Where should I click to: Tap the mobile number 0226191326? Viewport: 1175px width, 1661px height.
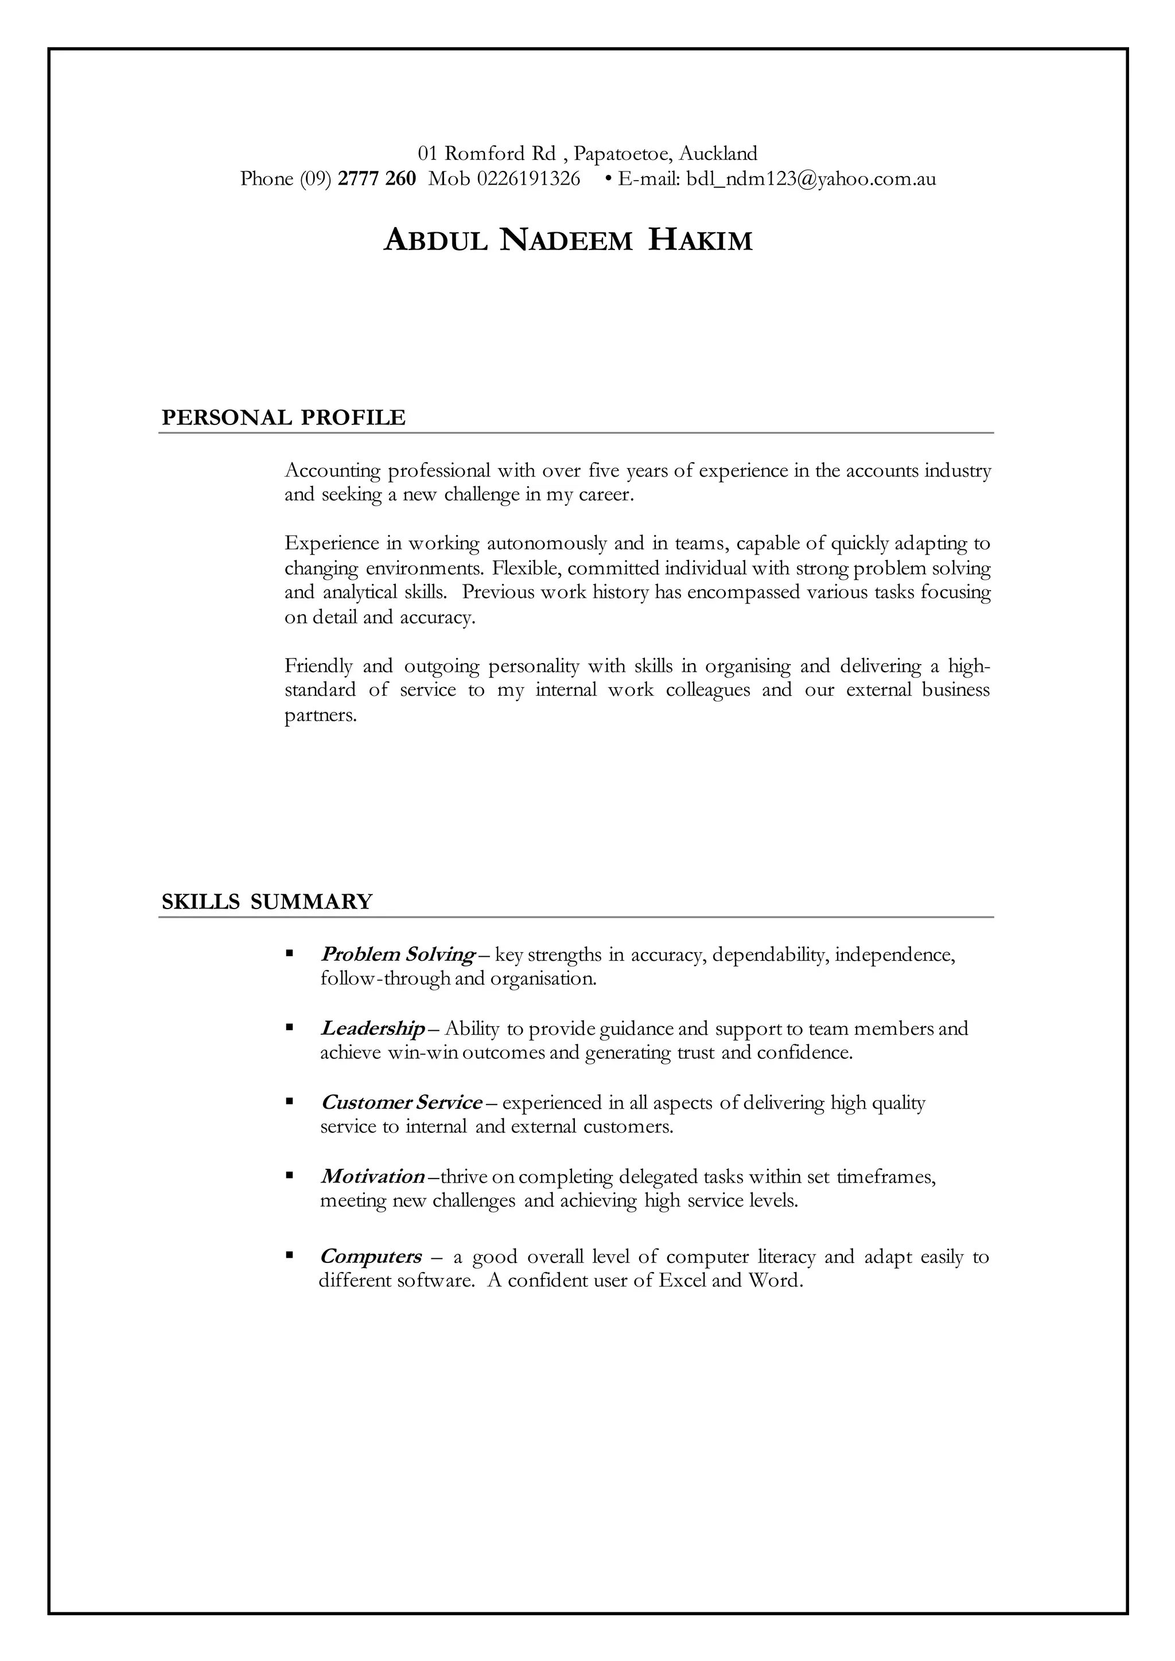(528, 179)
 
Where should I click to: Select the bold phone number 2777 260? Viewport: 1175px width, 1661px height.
(377, 179)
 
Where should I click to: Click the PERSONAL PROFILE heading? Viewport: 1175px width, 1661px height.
(283, 418)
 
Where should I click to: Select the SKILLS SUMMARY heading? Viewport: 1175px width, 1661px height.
(267, 902)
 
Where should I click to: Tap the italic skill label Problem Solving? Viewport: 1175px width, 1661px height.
(397, 955)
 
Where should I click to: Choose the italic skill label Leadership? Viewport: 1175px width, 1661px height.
(372, 1028)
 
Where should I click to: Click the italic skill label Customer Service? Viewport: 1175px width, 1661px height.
(402, 1102)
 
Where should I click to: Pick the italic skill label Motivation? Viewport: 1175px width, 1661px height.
(372, 1176)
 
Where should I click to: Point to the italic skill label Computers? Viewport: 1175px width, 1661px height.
(371, 1256)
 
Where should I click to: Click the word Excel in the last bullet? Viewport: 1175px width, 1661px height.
(682, 1281)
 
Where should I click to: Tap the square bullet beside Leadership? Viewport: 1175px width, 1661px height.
(289, 1027)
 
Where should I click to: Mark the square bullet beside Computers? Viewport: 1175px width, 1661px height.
(289, 1255)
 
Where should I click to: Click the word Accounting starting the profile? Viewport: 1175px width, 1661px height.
(332, 471)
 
